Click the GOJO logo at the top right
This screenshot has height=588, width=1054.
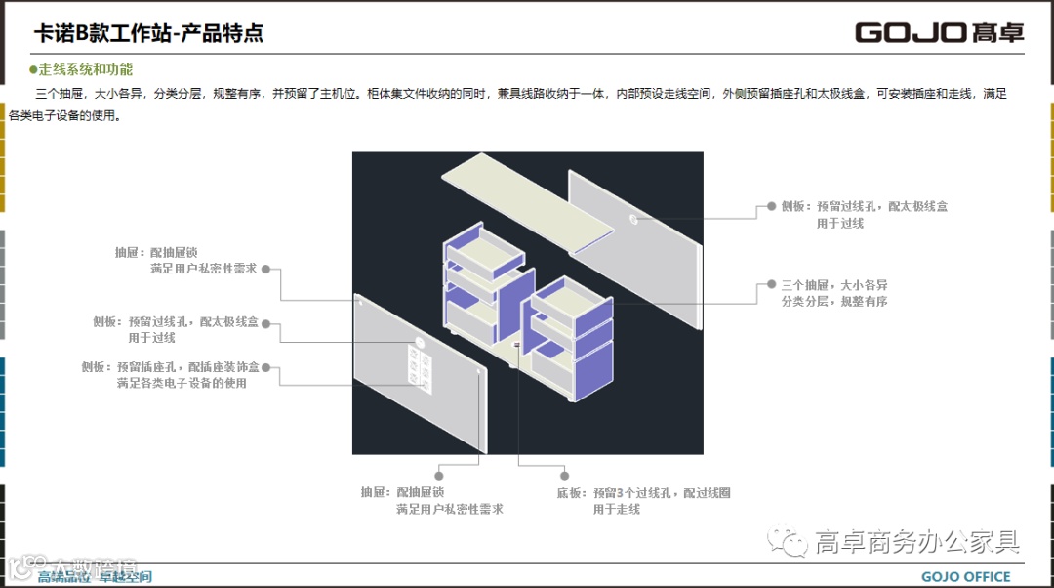point(939,32)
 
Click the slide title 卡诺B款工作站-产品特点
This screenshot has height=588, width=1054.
point(148,33)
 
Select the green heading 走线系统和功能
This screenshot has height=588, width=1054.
point(85,69)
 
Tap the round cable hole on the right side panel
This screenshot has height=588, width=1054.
point(634,219)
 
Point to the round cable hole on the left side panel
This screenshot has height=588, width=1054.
point(419,343)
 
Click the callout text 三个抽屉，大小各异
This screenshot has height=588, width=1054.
point(834,285)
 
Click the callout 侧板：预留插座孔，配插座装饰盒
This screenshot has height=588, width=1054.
point(171,367)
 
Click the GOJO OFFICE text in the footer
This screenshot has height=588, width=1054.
point(966,576)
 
